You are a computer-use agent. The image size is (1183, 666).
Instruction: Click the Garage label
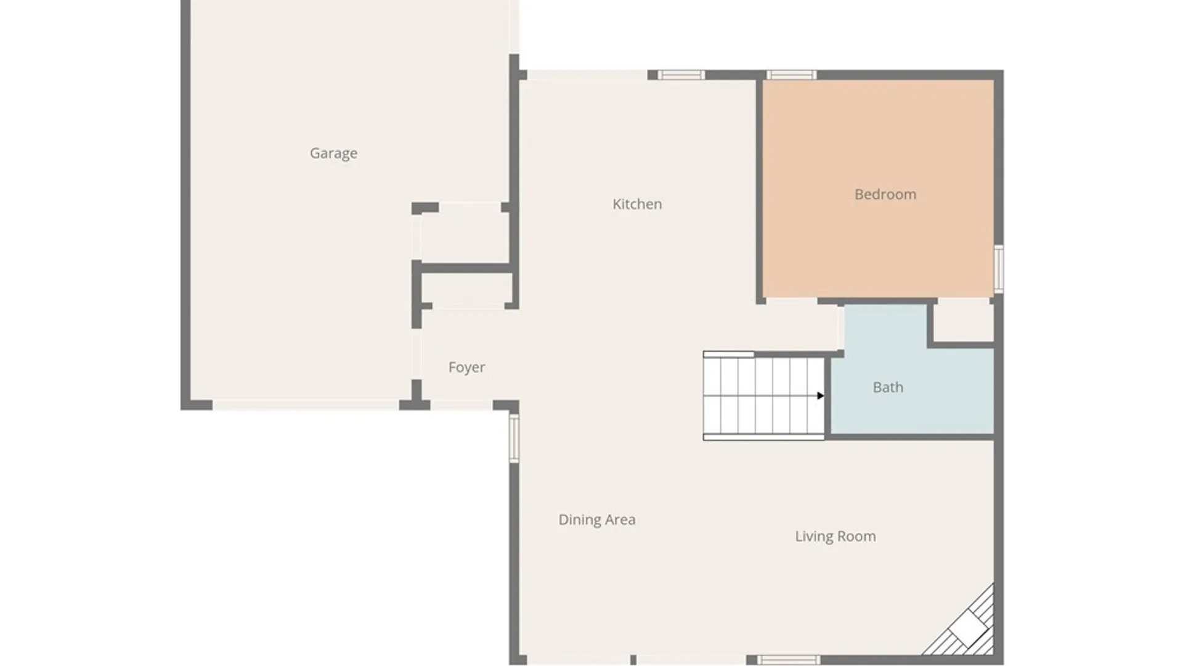tap(333, 153)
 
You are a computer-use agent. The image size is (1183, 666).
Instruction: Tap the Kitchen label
tap(637, 204)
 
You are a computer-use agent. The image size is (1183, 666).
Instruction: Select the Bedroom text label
tap(885, 194)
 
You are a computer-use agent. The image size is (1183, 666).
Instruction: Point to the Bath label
tap(888, 387)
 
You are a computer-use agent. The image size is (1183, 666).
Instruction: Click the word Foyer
tap(466, 368)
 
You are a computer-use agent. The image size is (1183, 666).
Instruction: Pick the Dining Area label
tap(596, 520)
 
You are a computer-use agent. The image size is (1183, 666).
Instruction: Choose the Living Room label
tap(835, 536)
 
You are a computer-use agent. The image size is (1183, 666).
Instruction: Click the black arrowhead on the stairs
tap(820, 395)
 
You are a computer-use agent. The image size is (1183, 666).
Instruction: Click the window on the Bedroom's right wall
tap(999, 269)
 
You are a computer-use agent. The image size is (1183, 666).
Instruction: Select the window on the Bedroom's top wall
tap(792, 75)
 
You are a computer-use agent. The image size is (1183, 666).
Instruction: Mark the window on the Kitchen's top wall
tap(681, 75)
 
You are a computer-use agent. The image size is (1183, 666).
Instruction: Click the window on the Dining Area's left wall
tap(514, 438)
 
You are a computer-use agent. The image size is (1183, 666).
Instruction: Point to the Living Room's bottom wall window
tap(789, 660)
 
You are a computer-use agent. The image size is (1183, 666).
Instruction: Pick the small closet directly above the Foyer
tap(467, 288)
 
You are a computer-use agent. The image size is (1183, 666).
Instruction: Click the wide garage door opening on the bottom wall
tap(306, 405)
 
